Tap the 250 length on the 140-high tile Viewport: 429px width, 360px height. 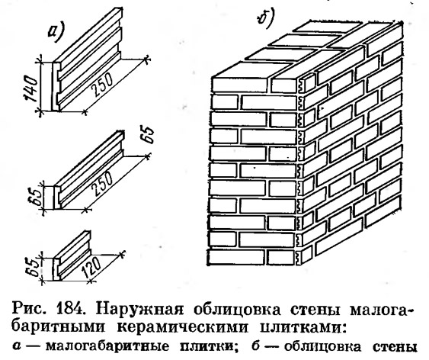coord(101,85)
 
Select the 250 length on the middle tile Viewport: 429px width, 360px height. coord(101,183)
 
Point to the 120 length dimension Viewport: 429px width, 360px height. coord(91,268)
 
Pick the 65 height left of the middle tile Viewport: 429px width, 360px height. coord(36,196)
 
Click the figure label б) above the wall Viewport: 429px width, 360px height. coord(265,18)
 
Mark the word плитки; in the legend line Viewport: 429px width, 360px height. coord(208,346)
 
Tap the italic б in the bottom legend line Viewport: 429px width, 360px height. coord(255,346)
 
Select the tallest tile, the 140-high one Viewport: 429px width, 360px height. coord(87,59)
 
